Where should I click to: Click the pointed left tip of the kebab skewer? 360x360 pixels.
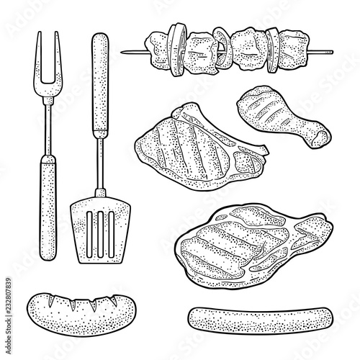pyautogui.click(x=124, y=51)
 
